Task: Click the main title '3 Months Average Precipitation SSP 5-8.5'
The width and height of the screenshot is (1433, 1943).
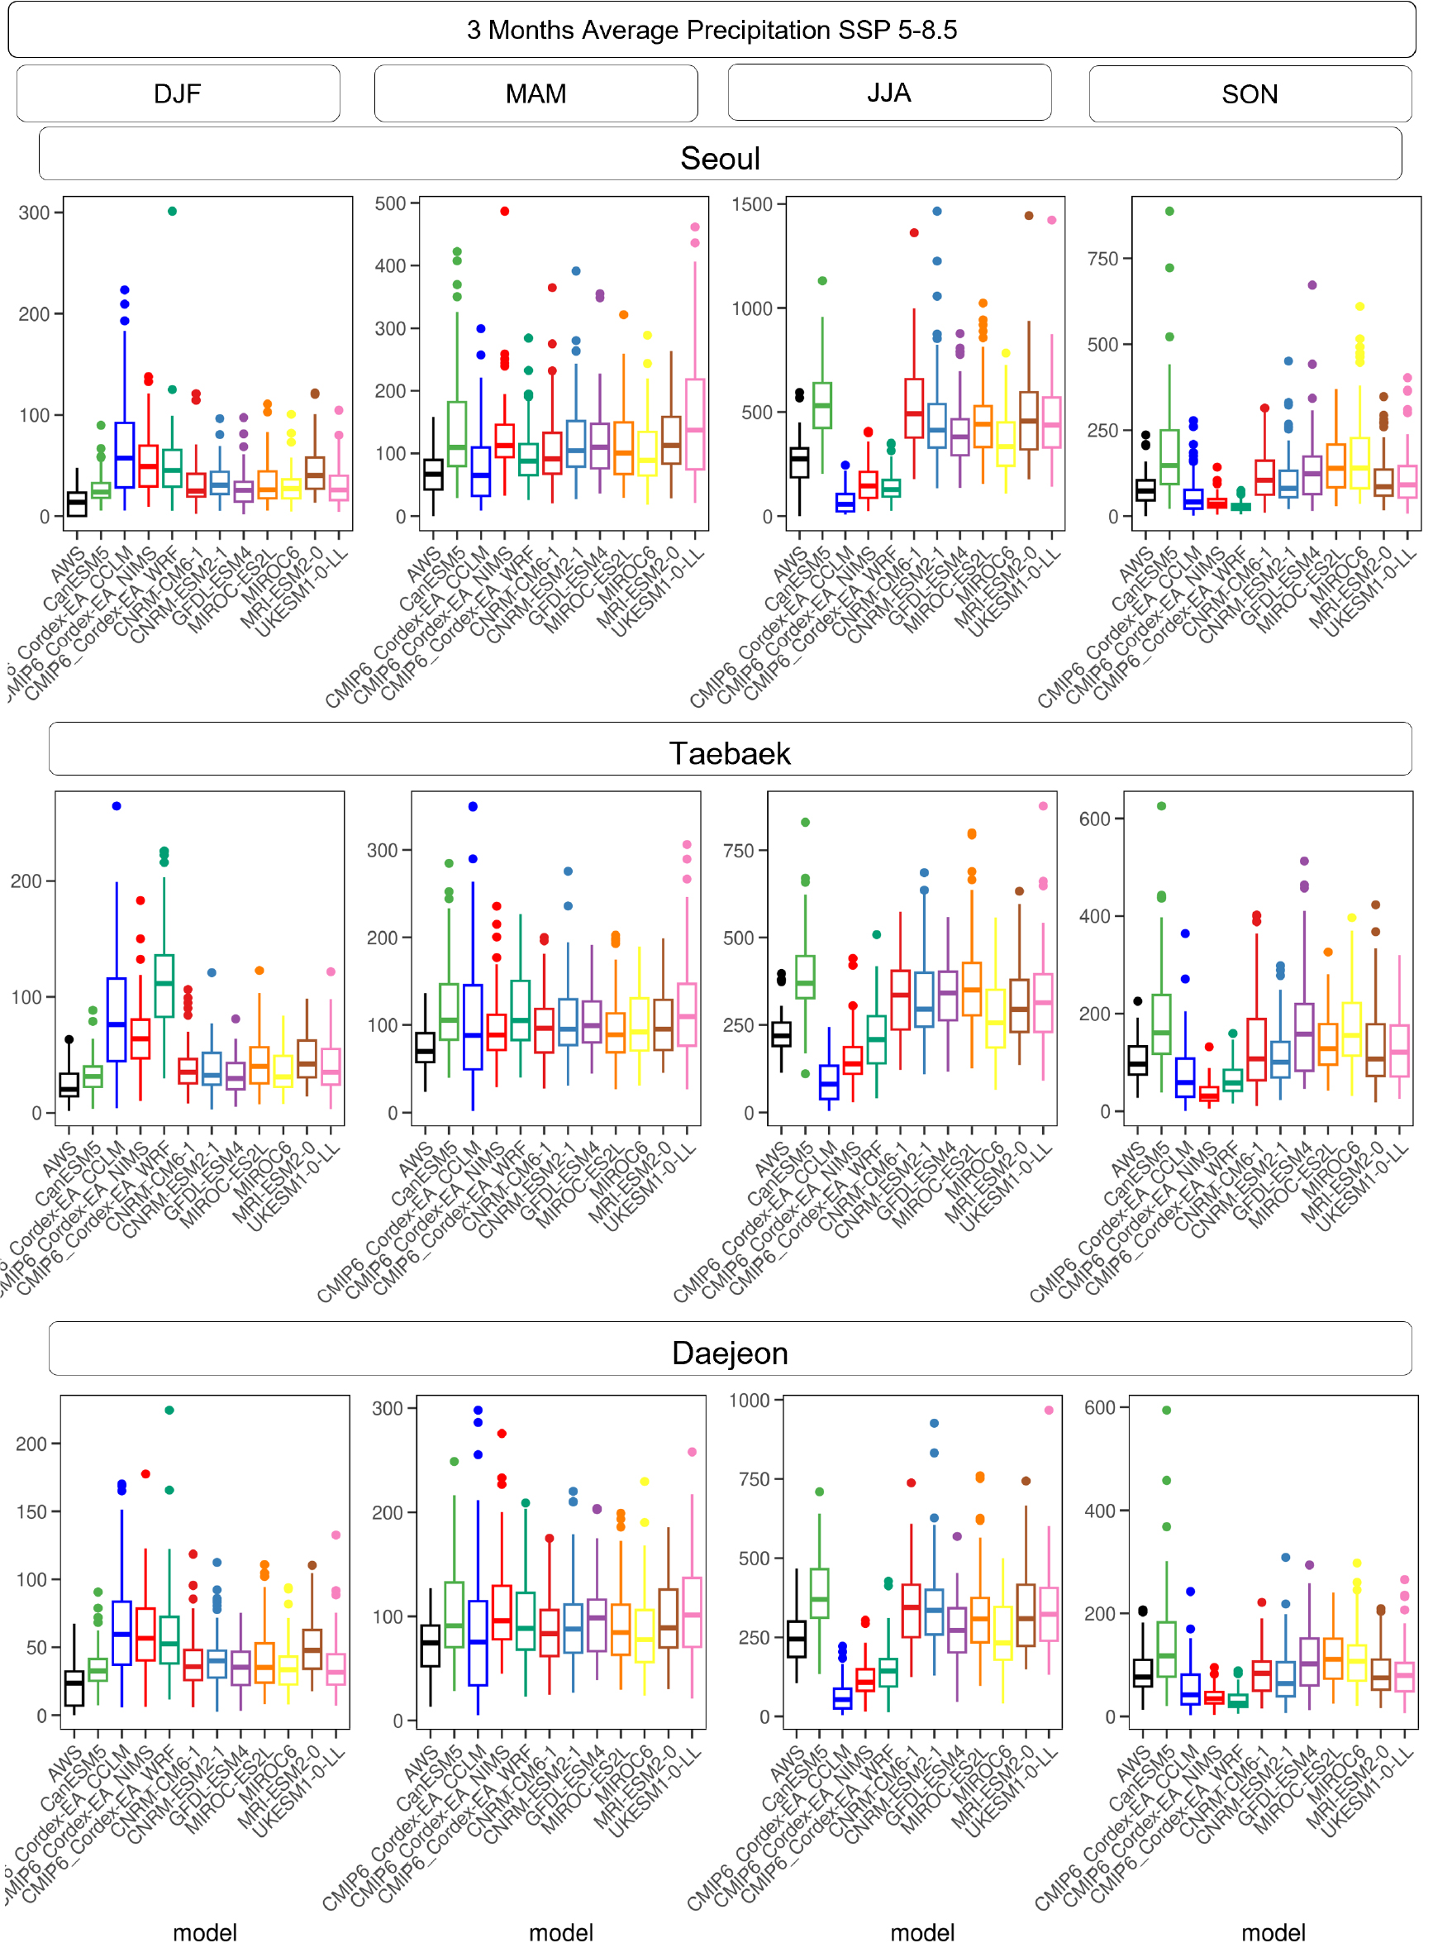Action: (x=712, y=31)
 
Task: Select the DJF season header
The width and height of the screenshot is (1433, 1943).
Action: (x=178, y=93)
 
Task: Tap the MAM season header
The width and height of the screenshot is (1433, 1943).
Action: (x=536, y=93)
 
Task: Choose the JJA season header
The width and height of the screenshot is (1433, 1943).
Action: (x=889, y=93)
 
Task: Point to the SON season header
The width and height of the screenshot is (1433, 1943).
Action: (x=1250, y=93)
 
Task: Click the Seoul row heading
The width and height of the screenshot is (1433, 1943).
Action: (x=720, y=158)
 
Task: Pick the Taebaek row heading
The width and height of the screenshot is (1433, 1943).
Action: (x=730, y=753)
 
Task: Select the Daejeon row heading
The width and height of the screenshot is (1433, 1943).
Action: (x=730, y=1353)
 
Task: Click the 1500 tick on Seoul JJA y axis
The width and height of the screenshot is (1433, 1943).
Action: (x=751, y=205)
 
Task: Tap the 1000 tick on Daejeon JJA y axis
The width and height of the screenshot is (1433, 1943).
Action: (x=749, y=1401)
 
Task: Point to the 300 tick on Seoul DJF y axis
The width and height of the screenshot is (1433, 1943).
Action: (x=35, y=212)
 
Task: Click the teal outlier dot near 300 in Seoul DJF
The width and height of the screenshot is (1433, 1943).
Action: (x=173, y=212)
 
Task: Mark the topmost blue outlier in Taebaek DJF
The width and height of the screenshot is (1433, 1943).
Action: (x=117, y=806)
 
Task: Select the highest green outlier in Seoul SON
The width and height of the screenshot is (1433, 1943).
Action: (x=1169, y=212)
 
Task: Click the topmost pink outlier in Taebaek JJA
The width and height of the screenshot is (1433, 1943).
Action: (x=1044, y=806)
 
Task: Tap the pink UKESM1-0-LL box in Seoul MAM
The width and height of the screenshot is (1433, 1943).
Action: (x=695, y=424)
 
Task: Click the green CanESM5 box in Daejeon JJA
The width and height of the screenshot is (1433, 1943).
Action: (x=820, y=1593)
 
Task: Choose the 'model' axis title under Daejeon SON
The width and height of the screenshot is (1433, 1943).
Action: (x=1273, y=1931)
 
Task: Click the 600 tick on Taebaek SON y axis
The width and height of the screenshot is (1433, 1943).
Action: (x=1094, y=819)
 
